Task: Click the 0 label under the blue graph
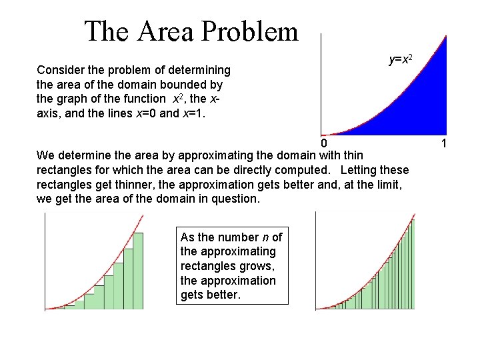323,143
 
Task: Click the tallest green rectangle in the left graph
138,271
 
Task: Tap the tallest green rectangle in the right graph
412,265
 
